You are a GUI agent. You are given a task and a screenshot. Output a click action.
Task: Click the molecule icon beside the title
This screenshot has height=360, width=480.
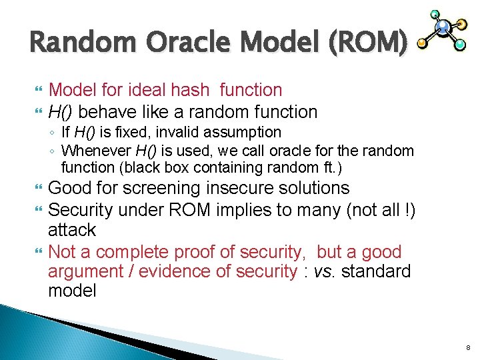coord(443,31)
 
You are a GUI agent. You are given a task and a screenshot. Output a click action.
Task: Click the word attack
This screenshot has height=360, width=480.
coord(72,230)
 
